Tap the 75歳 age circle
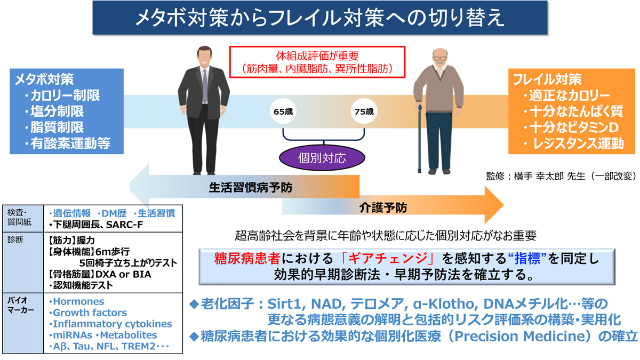(364, 112)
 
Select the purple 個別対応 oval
(323, 158)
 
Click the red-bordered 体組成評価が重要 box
(318, 62)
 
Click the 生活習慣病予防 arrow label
(250, 188)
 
